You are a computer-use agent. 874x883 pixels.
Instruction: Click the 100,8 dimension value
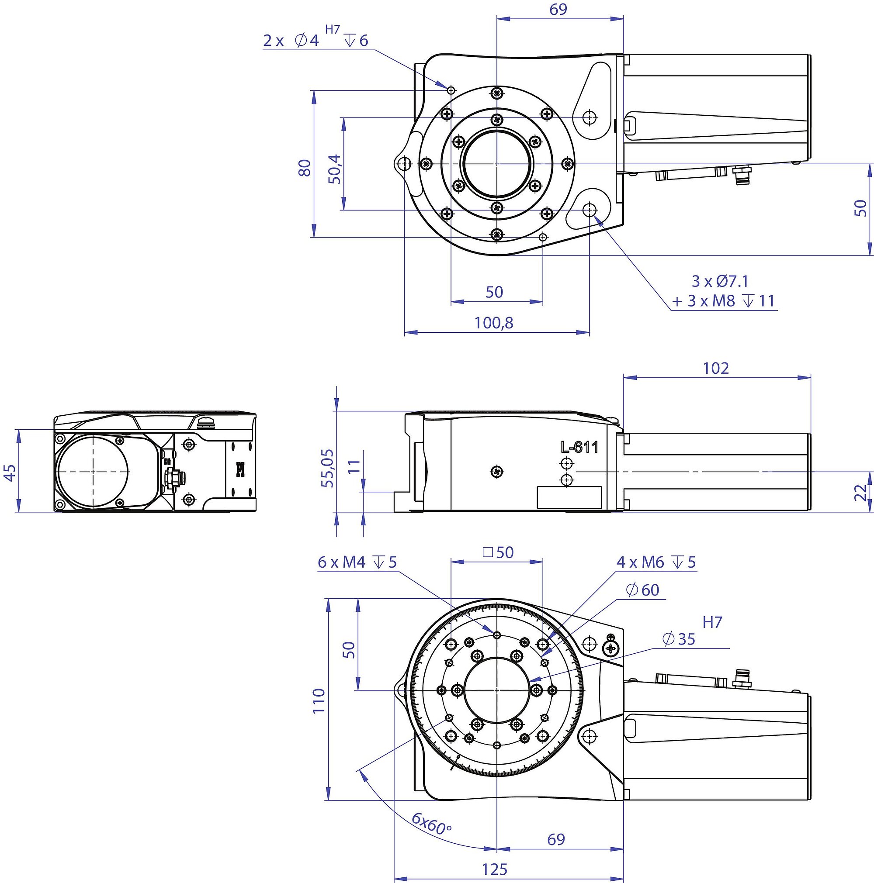point(493,323)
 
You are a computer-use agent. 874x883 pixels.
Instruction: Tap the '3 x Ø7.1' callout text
point(720,281)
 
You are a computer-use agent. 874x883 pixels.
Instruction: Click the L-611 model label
point(579,447)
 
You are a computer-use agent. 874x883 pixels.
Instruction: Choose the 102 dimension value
point(716,368)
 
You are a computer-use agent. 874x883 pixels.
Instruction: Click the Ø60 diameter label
point(642,590)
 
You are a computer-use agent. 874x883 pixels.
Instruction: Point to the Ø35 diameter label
point(679,639)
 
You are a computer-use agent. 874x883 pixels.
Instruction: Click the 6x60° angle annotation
point(431,824)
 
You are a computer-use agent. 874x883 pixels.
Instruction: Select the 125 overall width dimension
point(495,869)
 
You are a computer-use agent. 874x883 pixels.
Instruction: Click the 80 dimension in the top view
point(305,168)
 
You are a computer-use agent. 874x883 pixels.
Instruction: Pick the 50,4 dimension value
point(335,169)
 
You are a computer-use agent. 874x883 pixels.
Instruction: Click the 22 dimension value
point(860,492)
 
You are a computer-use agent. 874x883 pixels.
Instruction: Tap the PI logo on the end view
point(240,469)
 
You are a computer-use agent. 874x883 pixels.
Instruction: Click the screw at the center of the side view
point(497,471)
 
